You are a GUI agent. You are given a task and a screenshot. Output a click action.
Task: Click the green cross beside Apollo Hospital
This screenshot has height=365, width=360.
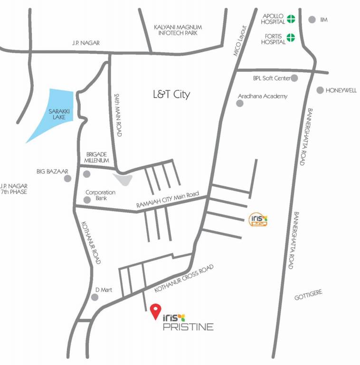pyautogui.click(x=290, y=19)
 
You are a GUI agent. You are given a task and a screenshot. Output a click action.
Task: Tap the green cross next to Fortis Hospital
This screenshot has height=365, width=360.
pyautogui.click(x=290, y=38)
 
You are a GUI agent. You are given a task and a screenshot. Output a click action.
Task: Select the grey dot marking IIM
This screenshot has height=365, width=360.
pyautogui.click(x=312, y=19)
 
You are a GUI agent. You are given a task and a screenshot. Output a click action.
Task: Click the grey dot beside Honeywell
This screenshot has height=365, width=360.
pyautogui.click(x=320, y=90)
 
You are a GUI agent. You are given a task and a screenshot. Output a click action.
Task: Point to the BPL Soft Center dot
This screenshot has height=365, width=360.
pyautogui.click(x=294, y=78)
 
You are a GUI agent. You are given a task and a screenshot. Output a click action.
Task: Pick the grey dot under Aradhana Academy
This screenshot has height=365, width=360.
pyautogui.click(x=240, y=103)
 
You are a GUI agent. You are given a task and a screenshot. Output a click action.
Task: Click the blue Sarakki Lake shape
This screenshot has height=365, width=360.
pyautogui.click(x=52, y=115)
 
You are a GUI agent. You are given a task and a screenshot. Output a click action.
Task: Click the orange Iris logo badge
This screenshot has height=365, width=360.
pyautogui.click(x=258, y=219)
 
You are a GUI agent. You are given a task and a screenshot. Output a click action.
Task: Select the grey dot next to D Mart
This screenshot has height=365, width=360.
pyautogui.click(x=95, y=298)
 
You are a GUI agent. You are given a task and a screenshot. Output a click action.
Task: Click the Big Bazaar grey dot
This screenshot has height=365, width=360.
pyautogui.click(x=68, y=178)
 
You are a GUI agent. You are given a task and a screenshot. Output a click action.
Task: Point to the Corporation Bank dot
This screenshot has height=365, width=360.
pyautogui.click(x=87, y=200)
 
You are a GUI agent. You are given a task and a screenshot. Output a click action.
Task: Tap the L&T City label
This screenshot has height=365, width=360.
pyautogui.click(x=171, y=95)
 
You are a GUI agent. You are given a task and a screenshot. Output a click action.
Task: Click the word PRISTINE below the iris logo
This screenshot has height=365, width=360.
pyautogui.click(x=188, y=327)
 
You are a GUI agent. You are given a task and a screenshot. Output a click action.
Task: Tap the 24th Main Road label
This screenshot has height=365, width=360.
pyautogui.click(x=118, y=115)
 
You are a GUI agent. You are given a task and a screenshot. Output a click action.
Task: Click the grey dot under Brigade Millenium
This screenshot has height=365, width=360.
pyautogui.click(x=86, y=174)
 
